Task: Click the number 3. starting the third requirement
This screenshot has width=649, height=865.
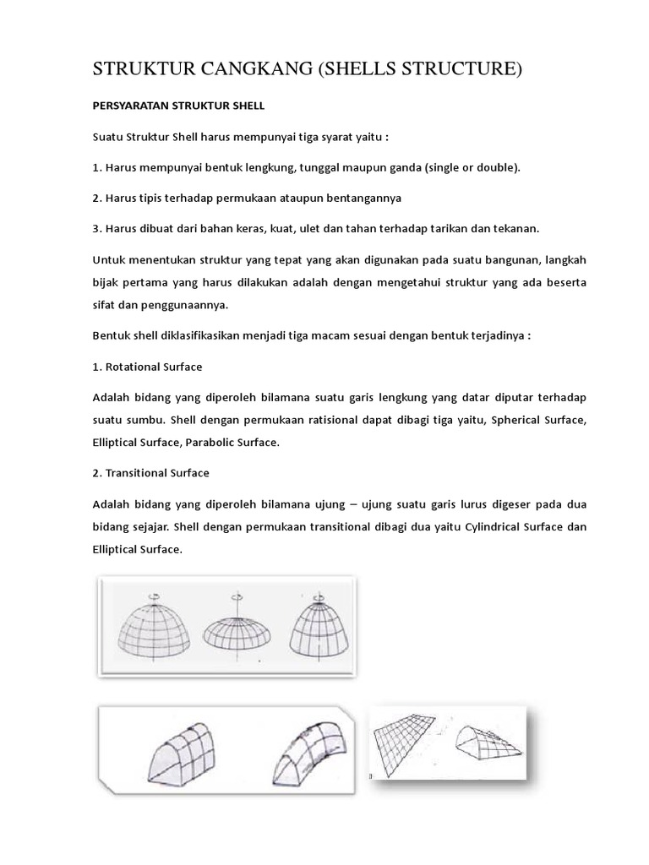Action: coord(97,228)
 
